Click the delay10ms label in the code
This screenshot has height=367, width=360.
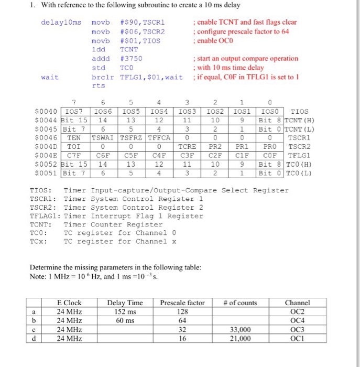[61, 23]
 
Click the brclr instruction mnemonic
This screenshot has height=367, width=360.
[102, 77]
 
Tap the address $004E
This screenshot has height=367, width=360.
[45, 155]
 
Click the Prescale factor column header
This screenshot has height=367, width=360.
[182, 303]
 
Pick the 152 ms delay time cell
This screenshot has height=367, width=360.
[125, 311]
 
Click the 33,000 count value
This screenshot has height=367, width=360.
[241, 330]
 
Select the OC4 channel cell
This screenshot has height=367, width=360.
[297, 320]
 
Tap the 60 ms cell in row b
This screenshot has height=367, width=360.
[125, 320]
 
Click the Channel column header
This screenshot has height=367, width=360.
[297, 303]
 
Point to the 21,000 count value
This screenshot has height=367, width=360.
[241, 339]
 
